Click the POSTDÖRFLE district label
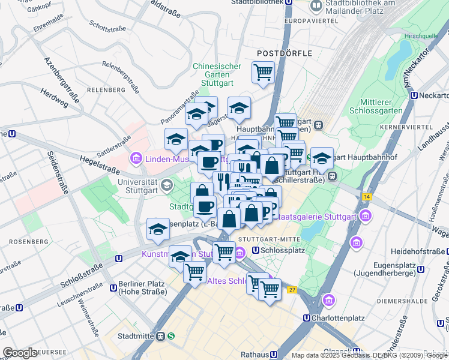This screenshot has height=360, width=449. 285,53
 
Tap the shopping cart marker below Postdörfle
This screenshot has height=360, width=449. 263,73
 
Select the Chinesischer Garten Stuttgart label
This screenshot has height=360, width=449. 217,75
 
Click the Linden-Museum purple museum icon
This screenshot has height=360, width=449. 136,158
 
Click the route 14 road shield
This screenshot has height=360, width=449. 367,196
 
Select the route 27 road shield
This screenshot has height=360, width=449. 292,290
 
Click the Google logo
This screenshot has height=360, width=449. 20,353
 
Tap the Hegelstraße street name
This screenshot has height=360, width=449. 96,161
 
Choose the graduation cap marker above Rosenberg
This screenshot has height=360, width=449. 158,229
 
